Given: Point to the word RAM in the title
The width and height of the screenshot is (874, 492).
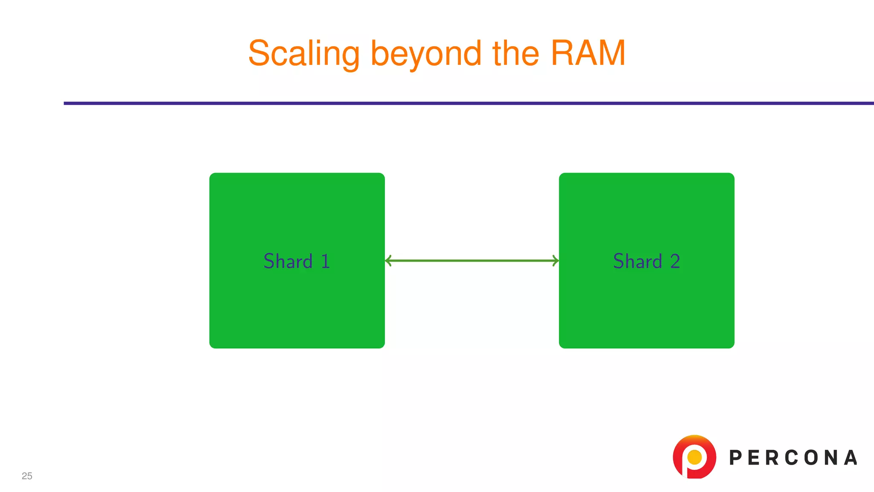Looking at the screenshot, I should click(588, 53).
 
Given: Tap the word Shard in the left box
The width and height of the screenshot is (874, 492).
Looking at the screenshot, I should click(288, 261).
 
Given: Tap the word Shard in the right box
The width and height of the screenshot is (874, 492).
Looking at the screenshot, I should click(638, 261).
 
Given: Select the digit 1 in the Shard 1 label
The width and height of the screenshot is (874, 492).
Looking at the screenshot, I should click(326, 261).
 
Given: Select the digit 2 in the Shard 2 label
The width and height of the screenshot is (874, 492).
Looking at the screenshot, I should click(675, 261).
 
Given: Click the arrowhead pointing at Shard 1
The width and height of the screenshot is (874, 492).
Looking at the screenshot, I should click(388, 261).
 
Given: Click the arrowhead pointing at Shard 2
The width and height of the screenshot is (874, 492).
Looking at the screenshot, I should click(556, 261).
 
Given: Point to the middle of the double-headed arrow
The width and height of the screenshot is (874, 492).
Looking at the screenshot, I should click(472, 261).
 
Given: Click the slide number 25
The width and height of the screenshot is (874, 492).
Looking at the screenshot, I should click(27, 476).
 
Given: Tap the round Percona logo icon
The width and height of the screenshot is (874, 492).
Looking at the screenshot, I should click(694, 457).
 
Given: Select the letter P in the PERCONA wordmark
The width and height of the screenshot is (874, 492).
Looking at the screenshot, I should click(735, 458).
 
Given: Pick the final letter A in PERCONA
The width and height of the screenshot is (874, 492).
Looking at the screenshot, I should click(851, 458).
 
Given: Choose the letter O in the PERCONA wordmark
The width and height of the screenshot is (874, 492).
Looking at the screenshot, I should click(810, 458).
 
